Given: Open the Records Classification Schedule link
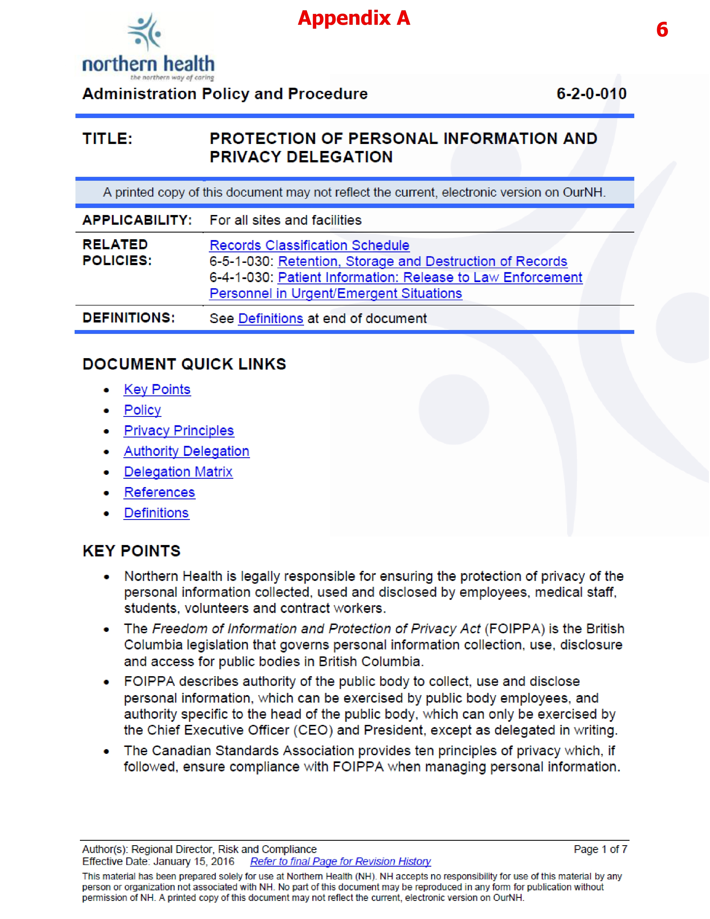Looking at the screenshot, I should pyautogui.click(x=309, y=245).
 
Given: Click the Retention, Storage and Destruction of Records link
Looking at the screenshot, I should pyautogui.click(x=422, y=261).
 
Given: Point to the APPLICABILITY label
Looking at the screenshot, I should pyautogui.click(x=137, y=220).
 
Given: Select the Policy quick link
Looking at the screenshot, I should pyautogui.click(x=142, y=410).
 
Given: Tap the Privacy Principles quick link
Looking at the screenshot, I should pyautogui.click(x=179, y=431).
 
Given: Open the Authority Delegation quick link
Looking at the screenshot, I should pyautogui.click(x=186, y=451).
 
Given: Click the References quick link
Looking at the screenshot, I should pyautogui.click(x=160, y=492).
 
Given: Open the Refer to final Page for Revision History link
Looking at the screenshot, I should pyautogui.click(x=340, y=861).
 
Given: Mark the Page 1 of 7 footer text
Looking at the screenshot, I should pyautogui.click(x=600, y=849).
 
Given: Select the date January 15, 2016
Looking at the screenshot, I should pyautogui.click(x=194, y=861).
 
